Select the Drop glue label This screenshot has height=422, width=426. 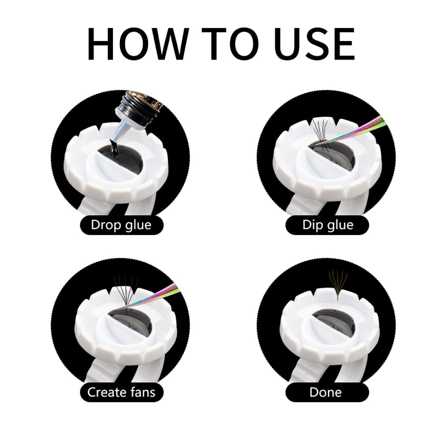(x=122, y=225)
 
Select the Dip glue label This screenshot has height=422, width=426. (x=327, y=225)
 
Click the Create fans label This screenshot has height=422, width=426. (x=122, y=392)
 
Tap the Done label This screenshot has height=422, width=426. (x=327, y=392)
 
